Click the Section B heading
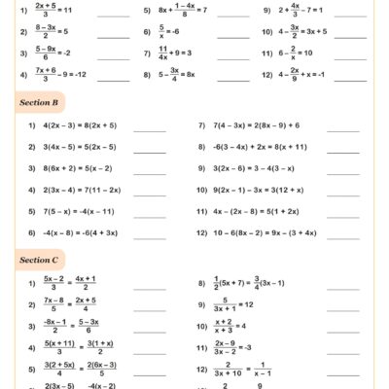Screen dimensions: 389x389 pos(39,101)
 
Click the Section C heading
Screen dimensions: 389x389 pos(39,260)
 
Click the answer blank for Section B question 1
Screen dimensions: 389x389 pos(149,128)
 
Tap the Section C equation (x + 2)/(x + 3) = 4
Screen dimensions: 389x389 pos(230,326)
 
